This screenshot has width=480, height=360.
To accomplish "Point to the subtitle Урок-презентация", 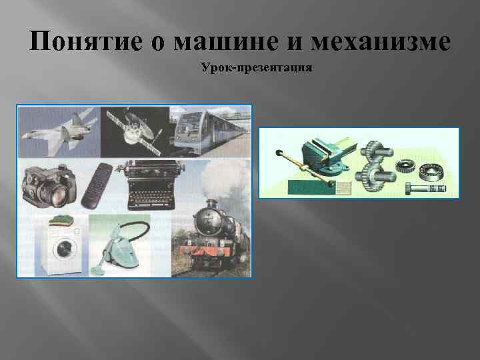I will tap(255, 68).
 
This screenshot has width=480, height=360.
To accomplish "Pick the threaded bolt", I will tap(427, 188).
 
